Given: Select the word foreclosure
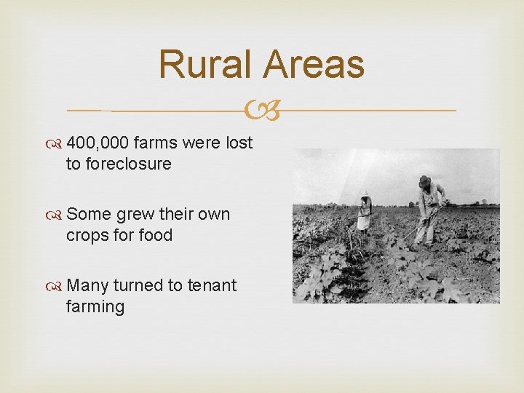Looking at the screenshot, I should [129, 164].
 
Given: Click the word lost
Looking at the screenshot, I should [239, 143].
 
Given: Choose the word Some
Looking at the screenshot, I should [87, 214].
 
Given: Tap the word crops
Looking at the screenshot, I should [89, 235].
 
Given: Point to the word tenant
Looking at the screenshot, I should [210, 285].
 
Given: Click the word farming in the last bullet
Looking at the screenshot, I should [95, 306].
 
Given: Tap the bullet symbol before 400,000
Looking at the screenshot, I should [57, 143].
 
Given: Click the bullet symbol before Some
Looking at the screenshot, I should [57, 215].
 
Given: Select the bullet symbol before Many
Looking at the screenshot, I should [57, 286].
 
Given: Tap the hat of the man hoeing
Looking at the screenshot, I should [424, 180].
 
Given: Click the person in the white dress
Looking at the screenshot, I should [363, 212].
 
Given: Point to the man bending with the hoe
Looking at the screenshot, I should [429, 211].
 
